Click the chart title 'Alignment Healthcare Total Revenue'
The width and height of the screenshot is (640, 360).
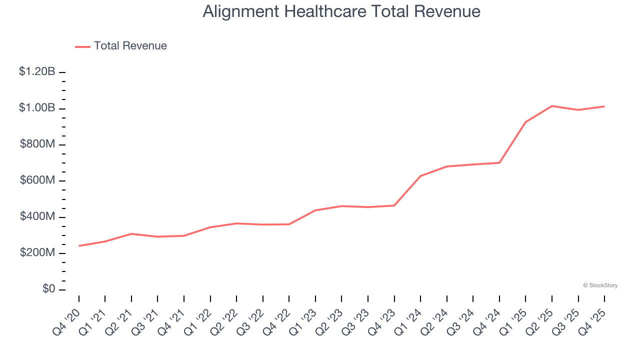[x=341, y=11]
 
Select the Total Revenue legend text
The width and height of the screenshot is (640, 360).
[x=130, y=46]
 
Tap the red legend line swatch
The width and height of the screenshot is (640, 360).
[x=82, y=46]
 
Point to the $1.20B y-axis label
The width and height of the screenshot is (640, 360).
[x=37, y=71]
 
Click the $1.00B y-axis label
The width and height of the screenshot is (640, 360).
[x=37, y=108]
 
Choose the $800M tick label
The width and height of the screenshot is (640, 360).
[x=37, y=144]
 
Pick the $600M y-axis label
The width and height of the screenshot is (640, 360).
[x=37, y=180]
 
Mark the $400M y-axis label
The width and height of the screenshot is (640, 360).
[x=37, y=216]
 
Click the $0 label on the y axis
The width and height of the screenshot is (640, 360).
[x=48, y=289]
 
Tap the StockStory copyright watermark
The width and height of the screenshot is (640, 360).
[x=600, y=285]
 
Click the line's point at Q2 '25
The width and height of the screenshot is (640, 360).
[x=552, y=106]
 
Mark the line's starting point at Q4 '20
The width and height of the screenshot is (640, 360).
[x=79, y=246]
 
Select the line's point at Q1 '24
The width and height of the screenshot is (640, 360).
[x=420, y=176]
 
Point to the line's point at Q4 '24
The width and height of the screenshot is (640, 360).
[x=499, y=162]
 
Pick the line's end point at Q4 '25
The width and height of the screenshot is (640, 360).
[x=604, y=106]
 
